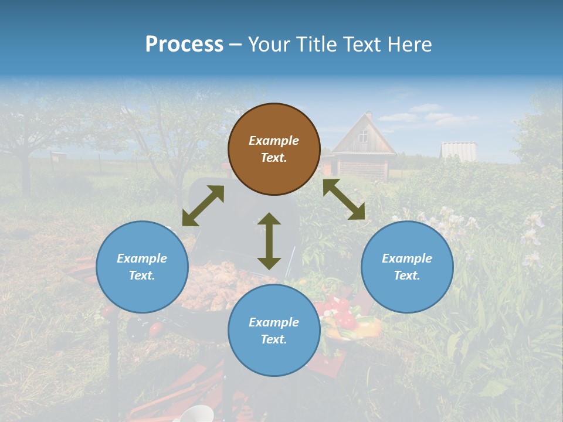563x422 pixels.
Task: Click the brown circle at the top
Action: click(x=274, y=149)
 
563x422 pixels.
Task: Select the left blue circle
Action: click(x=142, y=267)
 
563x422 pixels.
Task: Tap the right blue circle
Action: click(x=407, y=267)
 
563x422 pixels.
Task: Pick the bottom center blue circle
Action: click(x=274, y=330)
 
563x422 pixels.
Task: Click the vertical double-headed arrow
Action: click(x=269, y=241)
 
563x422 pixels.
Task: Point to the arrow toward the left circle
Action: click(x=203, y=206)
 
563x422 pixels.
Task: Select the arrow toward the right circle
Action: click(x=344, y=199)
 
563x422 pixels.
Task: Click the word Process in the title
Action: click(x=184, y=44)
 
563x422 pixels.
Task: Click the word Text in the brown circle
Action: click(x=274, y=158)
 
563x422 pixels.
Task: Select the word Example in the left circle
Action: click(x=142, y=258)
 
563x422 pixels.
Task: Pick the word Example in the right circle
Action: click(x=407, y=258)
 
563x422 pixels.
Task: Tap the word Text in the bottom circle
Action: click(x=274, y=339)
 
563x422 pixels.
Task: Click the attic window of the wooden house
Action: click(x=364, y=137)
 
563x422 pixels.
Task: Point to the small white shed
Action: click(x=458, y=150)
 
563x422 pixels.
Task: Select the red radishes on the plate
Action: click(x=343, y=314)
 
